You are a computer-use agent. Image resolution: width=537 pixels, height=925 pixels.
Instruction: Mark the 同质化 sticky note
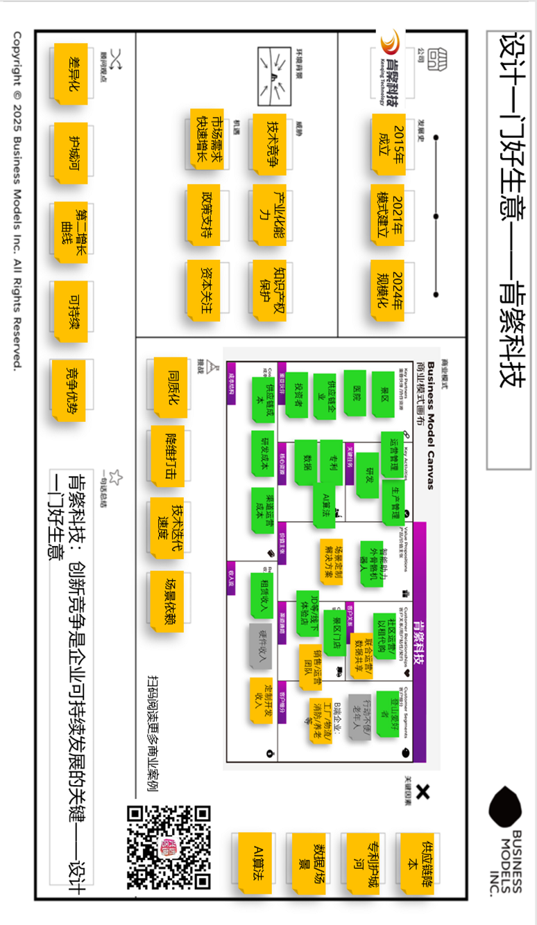[x=169, y=386]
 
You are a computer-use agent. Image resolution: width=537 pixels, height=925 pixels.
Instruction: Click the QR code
[x=169, y=847]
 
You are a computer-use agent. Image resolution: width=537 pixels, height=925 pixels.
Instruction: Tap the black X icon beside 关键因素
[x=424, y=792]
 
